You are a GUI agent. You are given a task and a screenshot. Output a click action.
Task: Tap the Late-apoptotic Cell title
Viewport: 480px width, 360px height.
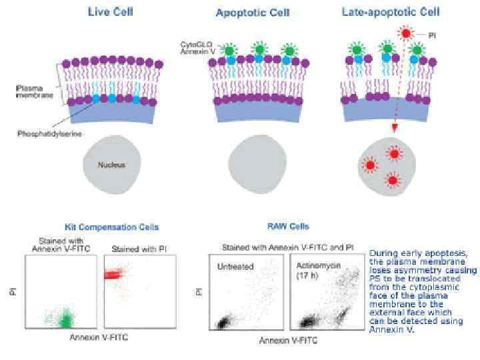[391, 11]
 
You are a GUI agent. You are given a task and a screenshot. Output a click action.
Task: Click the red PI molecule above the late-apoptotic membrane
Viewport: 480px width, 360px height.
[406, 32]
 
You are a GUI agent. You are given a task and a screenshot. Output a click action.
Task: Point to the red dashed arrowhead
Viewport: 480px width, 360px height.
[395, 129]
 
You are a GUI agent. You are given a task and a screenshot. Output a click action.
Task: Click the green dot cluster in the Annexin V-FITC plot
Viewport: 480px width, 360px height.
[65, 321]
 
